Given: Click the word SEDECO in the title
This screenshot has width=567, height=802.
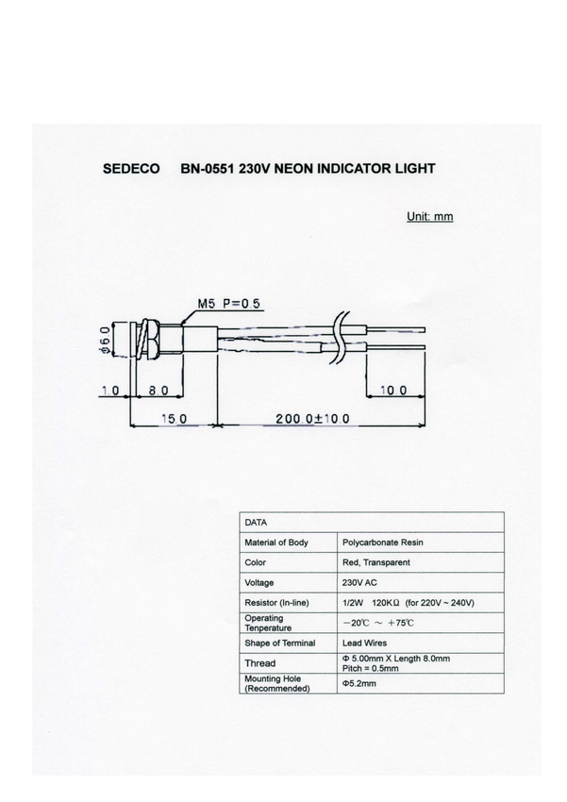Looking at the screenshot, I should pos(131,170).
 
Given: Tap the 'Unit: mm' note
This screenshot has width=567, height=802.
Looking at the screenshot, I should pos(430,216).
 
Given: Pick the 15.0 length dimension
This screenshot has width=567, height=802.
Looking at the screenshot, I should pos(175,418).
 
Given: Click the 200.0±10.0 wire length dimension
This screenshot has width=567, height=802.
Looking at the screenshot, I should pos(313,418).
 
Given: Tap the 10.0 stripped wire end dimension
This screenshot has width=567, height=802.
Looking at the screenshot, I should pos(393,390).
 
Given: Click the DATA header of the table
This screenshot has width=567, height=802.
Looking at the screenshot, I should pos(256,521).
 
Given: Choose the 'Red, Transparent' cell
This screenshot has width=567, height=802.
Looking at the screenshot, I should pos(375,562).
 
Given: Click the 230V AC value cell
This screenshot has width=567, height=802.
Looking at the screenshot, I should pos(359,583).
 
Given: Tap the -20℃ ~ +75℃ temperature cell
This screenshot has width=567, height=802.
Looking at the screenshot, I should pos(377,623).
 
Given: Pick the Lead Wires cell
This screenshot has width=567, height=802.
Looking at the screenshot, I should pos(364,643).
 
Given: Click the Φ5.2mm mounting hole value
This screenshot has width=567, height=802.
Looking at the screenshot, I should pos(359,683).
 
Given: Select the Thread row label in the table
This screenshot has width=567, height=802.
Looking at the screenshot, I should pos(260,663).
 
